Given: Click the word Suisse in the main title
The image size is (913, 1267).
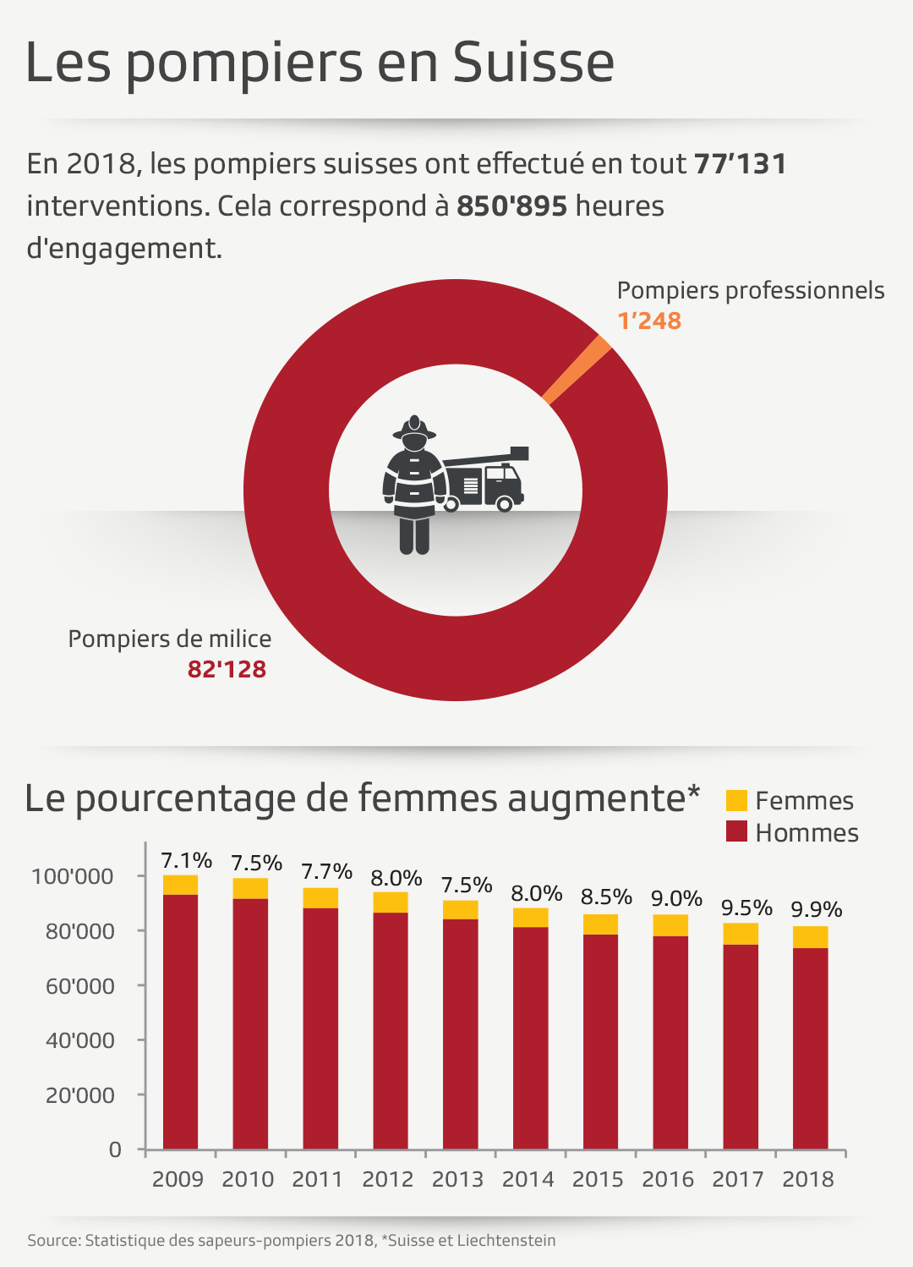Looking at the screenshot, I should pos(533,63).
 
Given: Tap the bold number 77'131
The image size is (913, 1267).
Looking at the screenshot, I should pos(740,163).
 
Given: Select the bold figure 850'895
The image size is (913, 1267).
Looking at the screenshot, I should pos(511,206).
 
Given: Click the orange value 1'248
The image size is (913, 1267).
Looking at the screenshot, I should pos(649,321).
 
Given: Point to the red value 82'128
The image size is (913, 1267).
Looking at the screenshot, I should pos(227,669).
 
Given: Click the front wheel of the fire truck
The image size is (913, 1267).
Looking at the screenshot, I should pos(505,504).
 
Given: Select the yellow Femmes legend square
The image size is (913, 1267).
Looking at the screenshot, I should pos(736,800).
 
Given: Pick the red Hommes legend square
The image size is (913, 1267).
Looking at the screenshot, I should pos(736,831).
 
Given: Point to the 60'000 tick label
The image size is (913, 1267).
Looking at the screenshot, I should pos(79,986).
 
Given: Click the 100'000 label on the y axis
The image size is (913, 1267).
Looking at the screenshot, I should pos(72,876).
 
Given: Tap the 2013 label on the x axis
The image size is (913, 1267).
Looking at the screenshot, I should pos(457,1179).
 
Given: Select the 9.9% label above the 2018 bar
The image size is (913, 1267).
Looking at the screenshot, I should pos(816,909).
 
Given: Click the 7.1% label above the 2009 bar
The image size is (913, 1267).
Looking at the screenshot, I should pos(186,860).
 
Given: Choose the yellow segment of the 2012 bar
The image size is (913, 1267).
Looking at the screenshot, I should pos(391,902).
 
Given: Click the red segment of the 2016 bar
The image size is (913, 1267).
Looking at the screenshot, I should pos(670,1040).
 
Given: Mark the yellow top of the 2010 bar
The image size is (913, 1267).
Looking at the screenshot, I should pos(250,888).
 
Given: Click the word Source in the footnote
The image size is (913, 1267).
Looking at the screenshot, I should pos(53,1241).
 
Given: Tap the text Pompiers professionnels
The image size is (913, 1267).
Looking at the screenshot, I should pos(750,290).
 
